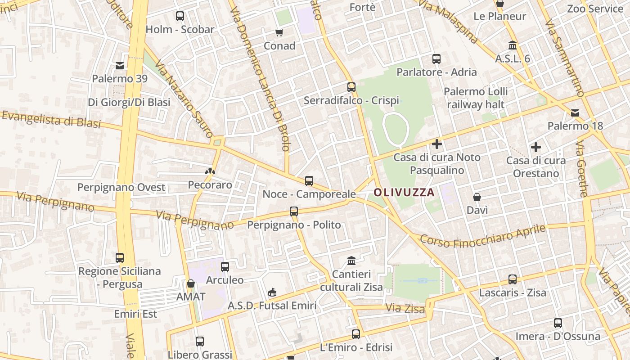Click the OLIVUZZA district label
point(404,193)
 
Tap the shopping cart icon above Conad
point(279,32)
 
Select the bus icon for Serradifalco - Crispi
point(351,87)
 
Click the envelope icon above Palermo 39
point(120,66)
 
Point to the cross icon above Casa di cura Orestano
point(535,147)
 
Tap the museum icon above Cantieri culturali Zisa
point(351,261)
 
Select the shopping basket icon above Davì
point(477,197)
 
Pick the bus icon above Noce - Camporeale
point(309,181)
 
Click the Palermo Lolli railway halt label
point(476,98)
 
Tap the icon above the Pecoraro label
point(210,171)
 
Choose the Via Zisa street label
point(405,309)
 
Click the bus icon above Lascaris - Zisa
point(513,279)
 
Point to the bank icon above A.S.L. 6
point(513,45)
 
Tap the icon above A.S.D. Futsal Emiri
point(272,292)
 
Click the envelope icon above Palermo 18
point(575,112)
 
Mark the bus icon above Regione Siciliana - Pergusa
point(120,258)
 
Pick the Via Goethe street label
point(581,169)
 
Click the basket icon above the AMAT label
point(191,283)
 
